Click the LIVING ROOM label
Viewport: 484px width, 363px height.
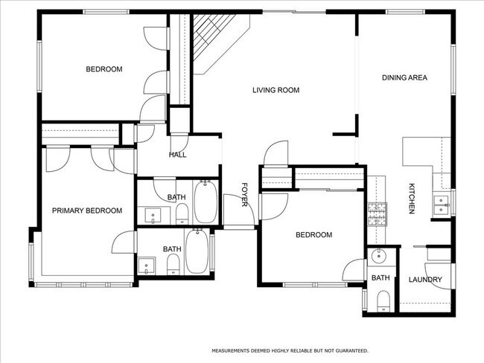pos(276,90)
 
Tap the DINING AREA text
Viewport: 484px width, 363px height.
pos(404,77)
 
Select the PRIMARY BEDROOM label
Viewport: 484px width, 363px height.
pos(86,211)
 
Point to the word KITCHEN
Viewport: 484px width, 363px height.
pos(410,199)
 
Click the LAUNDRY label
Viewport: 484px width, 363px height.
pos(425,280)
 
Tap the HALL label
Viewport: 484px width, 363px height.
pos(177,155)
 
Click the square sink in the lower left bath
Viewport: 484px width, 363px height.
pos(146,266)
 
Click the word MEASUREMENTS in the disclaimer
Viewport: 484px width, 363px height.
pos(234,350)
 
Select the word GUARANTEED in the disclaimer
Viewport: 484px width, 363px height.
pos(349,350)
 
